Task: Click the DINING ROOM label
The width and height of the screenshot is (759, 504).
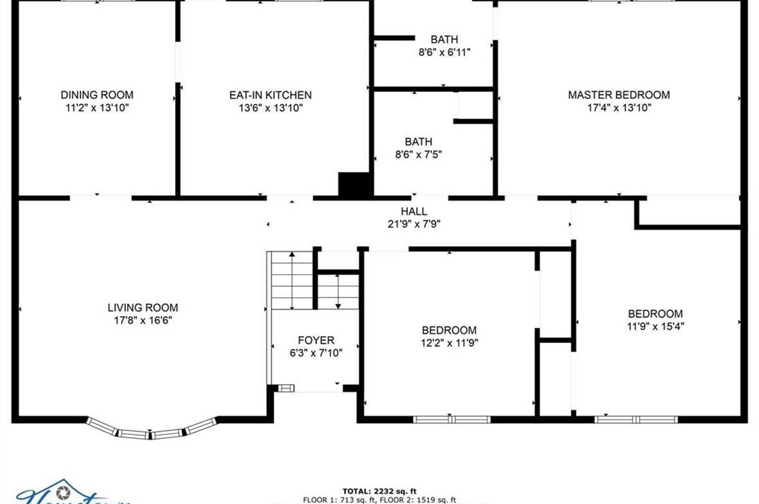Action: [x=97, y=95]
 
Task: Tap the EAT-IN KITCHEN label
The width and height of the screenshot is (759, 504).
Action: [x=270, y=95]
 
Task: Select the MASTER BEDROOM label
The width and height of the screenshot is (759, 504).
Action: [x=618, y=95]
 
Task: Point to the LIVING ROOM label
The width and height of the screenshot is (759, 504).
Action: [x=143, y=308]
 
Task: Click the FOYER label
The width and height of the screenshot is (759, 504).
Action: [x=316, y=341]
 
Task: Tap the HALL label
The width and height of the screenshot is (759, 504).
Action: [x=414, y=211]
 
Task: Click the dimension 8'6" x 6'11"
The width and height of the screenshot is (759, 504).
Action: [x=444, y=52]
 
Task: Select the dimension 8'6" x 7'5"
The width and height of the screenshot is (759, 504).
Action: [x=418, y=154]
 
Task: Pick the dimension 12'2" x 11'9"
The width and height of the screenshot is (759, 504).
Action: [x=449, y=343]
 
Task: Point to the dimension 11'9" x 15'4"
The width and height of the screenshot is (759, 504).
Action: [x=655, y=326]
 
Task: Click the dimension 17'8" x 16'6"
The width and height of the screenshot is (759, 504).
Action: [x=143, y=321]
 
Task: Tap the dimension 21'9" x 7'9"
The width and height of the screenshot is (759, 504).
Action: [x=414, y=223]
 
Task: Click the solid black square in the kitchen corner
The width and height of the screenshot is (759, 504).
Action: [x=354, y=184]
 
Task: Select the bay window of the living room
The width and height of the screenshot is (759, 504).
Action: [x=151, y=430]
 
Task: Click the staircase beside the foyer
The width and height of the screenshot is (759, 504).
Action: [x=291, y=281]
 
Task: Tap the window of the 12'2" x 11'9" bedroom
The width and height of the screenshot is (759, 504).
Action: [x=451, y=419]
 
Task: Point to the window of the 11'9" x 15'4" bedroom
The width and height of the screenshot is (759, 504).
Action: [x=636, y=419]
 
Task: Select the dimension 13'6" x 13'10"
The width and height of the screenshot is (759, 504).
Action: [x=270, y=108]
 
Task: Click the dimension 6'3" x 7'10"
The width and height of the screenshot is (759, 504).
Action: [x=316, y=353]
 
